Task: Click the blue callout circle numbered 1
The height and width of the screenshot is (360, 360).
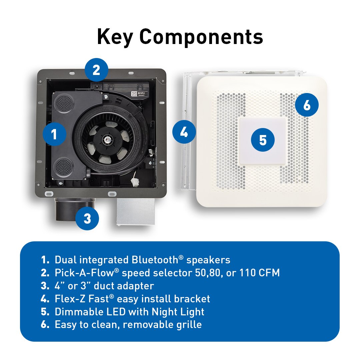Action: (55, 134)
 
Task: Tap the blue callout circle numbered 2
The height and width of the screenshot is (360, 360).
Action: (96, 70)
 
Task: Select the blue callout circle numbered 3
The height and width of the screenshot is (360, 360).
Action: (87, 218)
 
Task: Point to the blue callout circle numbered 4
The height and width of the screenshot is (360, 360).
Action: (184, 132)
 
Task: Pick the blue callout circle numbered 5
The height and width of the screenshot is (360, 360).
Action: (263, 140)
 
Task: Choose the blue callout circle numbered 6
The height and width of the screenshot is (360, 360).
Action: (307, 105)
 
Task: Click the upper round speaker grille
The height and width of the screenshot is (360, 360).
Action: (64, 104)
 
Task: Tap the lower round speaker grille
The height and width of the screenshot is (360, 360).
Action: (63, 166)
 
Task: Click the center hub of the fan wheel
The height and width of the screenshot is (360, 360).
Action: (107, 139)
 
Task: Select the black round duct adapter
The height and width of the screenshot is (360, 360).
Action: (75, 209)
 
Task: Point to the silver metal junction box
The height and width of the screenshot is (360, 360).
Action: (135, 211)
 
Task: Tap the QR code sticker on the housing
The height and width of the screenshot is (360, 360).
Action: (134, 94)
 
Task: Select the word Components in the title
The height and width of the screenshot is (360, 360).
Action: (201, 37)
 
